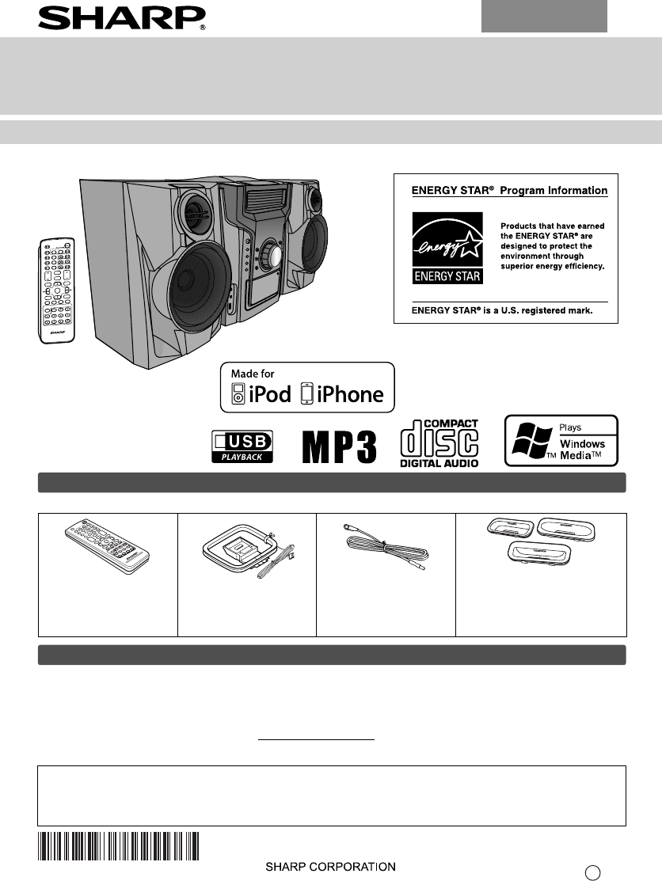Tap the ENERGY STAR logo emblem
point(447,247)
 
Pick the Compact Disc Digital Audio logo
point(439,444)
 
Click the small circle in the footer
point(592,872)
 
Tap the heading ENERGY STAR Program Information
point(509,191)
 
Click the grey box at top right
point(544,17)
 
